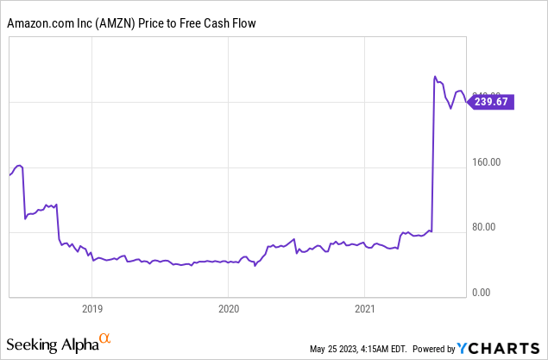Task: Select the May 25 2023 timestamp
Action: pos(362,349)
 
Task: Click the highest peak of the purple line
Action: pos(435,77)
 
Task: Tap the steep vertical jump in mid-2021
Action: pos(432,155)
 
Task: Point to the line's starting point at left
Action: pos(9,175)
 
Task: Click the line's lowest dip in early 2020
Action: pos(255,266)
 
